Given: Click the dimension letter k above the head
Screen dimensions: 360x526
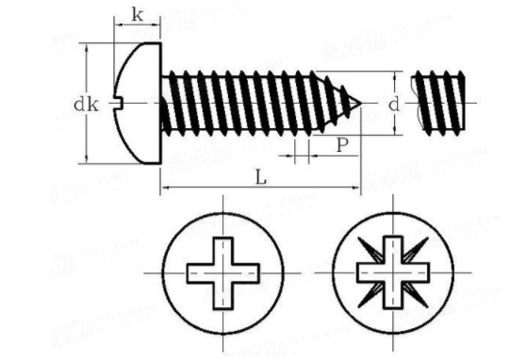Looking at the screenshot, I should [138, 14].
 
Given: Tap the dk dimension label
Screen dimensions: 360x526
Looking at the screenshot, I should [87, 105].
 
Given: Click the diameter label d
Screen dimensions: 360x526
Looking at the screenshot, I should [393, 104].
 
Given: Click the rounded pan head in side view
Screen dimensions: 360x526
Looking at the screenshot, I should [140, 103].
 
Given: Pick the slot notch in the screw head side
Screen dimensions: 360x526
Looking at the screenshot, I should [120, 103].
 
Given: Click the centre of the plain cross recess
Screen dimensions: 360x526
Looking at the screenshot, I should [222, 273].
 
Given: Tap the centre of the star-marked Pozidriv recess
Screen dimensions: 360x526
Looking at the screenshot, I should [393, 273].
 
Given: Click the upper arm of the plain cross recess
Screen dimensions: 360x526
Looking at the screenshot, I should [222, 250].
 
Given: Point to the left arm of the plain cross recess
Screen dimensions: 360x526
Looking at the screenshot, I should [199, 273].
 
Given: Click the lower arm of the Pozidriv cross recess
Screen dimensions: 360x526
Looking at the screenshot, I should [393, 296].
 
